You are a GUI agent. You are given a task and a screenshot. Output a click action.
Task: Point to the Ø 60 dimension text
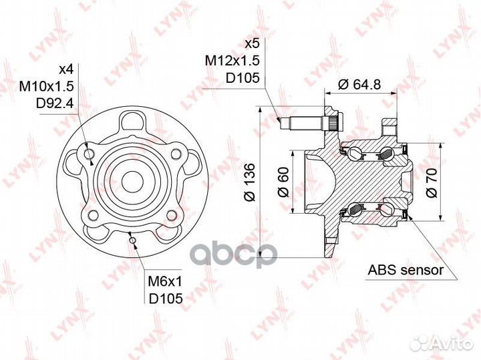click(x=283, y=182)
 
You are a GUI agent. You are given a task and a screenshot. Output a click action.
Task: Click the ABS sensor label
click(x=406, y=271)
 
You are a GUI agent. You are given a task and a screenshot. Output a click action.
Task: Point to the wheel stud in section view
click(x=305, y=124)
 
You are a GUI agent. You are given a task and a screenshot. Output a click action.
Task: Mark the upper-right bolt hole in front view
click(x=175, y=154)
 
